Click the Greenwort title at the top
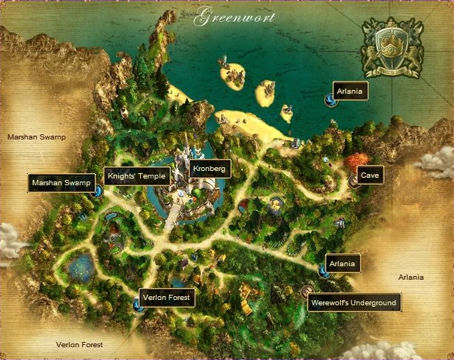[x=234, y=17]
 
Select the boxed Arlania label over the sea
[x=351, y=90]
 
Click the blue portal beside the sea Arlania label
[x=330, y=100]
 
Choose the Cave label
[x=370, y=175]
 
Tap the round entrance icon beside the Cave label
[x=354, y=181]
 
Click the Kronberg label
[x=209, y=168]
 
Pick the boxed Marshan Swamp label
[x=61, y=182]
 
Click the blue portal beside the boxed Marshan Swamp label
[x=99, y=190]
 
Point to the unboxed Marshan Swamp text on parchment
[x=37, y=137]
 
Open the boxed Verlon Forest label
[x=167, y=298]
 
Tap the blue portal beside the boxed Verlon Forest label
[x=137, y=304]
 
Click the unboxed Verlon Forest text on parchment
[x=79, y=345]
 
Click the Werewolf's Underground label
[x=354, y=303]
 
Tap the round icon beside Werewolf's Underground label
[x=306, y=292]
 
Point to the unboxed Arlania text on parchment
[x=411, y=277]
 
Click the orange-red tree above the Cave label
[x=356, y=160]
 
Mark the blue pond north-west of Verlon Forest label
[x=80, y=266]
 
